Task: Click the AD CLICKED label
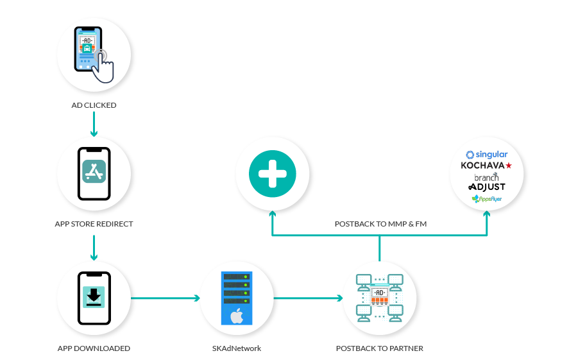pyautogui.click(x=94, y=105)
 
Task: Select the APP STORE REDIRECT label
pyautogui.click(x=94, y=225)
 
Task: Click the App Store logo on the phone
pyautogui.click(x=94, y=171)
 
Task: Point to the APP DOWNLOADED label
pyautogui.click(x=94, y=348)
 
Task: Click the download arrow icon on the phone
pyautogui.click(x=94, y=295)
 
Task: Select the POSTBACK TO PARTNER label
pyautogui.click(x=379, y=348)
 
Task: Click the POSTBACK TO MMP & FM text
pyautogui.click(x=380, y=225)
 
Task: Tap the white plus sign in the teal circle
pyautogui.click(x=272, y=173)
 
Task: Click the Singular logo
pyautogui.click(x=487, y=155)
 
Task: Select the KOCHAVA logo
pyautogui.click(x=482, y=166)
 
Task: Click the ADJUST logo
pyautogui.click(x=487, y=187)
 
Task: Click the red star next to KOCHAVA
pyautogui.click(x=509, y=166)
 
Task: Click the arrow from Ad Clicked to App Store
pyautogui.click(x=94, y=124)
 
